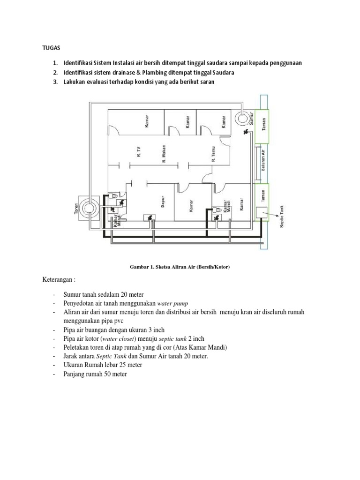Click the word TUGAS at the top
point(45,48)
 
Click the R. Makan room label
point(165,154)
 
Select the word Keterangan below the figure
point(58,279)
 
